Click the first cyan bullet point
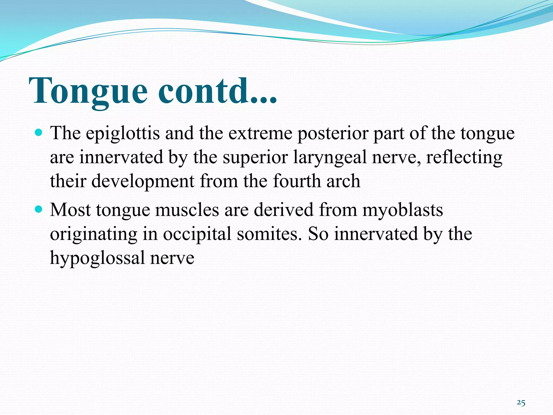point(39,133)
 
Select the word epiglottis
point(123,134)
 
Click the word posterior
point(332,134)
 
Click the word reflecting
point(464,158)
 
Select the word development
point(143,181)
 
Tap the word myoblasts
point(402,210)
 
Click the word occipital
point(197,234)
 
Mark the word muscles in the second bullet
point(187,210)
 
